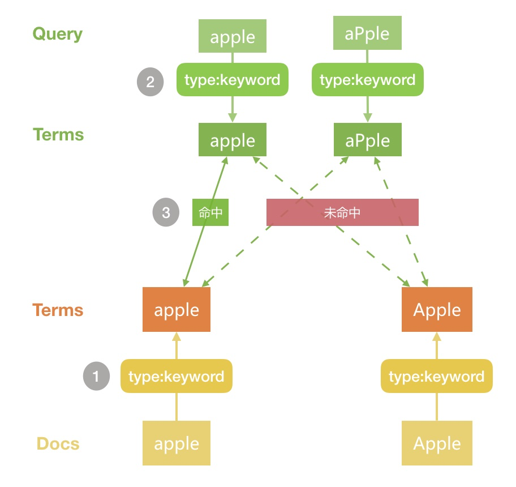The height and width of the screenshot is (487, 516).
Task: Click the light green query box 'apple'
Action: (x=233, y=37)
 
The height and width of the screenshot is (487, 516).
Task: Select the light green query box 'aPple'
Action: (x=367, y=33)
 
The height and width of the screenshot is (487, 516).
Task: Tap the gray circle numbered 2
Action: (x=150, y=82)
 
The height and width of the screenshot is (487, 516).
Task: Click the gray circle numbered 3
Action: (x=166, y=212)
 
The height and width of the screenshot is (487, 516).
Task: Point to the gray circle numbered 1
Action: (x=96, y=377)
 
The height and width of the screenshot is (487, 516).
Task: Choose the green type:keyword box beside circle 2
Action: (x=233, y=80)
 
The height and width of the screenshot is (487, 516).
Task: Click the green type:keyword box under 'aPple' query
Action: (x=367, y=80)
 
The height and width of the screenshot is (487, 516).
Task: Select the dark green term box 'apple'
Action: (x=233, y=140)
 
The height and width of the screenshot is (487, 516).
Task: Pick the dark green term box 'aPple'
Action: (x=367, y=140)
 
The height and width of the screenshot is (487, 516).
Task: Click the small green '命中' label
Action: (x=210, y=212)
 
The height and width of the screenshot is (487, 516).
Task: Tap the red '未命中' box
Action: (x=342, y=212)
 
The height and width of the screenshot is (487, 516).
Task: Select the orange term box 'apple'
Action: (x=177, y=310)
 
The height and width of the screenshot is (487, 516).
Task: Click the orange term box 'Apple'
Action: (x=437, y=310)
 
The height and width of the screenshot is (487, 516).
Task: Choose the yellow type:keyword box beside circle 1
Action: (x=177, y=377)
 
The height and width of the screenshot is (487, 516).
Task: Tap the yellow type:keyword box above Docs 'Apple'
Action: (x=437, y=377)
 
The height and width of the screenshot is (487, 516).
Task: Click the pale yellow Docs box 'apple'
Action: (x=177, y=443)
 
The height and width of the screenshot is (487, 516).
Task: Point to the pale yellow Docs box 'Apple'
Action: (x=437, y=443)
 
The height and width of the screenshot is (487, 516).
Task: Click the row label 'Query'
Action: (x=57, y=34)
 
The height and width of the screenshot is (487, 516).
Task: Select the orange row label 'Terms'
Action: (x=58, y=310)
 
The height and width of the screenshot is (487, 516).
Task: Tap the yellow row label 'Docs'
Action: (x=58, y=443)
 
